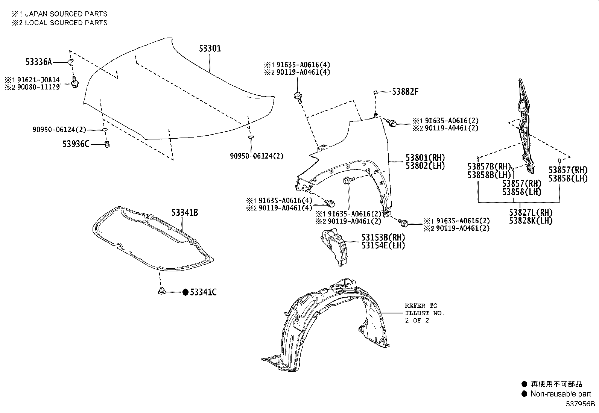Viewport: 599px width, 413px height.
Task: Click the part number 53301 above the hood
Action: tap(210, 48)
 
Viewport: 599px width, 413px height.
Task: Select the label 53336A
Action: tap(39, 62)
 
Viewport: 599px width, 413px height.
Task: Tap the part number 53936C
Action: tap(76, 144)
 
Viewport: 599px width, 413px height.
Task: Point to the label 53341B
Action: tap(185, 213)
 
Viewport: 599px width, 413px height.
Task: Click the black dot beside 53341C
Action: tap(185, 292)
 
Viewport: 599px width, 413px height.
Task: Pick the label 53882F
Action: tap(405, 92)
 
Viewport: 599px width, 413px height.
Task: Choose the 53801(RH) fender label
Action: tap(425, 157)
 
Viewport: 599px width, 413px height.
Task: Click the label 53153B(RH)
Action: tap(383, 237)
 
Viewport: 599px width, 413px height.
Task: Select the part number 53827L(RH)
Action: tap(531, 212)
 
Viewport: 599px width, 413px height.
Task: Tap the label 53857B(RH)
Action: tap(489, 166)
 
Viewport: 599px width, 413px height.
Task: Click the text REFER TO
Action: tap(421, 306)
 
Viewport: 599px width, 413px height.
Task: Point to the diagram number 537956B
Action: tap(580, 404)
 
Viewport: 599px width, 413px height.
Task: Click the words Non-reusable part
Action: tap(561, 394)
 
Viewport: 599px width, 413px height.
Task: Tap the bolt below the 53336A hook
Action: tap(75, 82)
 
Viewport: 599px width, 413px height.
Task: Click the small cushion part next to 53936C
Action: tap(107, 144)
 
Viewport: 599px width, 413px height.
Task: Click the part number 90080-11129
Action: tap(38, 87)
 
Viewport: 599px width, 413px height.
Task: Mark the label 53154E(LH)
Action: tap(383, 245)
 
